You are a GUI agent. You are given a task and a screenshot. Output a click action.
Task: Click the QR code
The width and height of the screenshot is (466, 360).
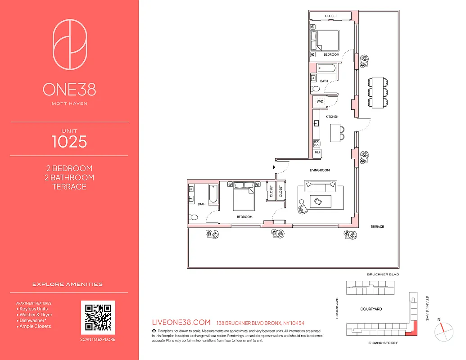98,317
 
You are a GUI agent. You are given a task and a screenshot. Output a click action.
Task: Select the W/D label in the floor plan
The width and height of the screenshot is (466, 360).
320,102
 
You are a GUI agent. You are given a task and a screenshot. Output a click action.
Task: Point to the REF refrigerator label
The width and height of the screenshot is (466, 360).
318,152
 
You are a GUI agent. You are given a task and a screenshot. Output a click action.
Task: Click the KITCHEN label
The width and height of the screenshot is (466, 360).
332,117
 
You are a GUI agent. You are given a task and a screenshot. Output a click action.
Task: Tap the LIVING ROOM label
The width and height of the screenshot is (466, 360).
320,170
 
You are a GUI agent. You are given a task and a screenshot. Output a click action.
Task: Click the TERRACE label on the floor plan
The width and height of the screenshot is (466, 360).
377,227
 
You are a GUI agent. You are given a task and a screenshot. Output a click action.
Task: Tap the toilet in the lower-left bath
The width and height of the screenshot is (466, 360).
194,217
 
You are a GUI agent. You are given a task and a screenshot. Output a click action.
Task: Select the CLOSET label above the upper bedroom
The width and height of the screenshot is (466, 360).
331,16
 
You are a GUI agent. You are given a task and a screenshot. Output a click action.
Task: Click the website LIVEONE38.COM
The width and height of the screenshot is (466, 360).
182,322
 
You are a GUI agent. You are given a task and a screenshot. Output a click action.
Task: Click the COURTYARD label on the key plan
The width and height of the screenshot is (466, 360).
371,309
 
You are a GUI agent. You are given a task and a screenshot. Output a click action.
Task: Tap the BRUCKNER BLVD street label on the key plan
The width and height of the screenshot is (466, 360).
383,274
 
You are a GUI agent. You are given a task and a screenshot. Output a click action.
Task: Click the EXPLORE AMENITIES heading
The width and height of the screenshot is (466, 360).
68,284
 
